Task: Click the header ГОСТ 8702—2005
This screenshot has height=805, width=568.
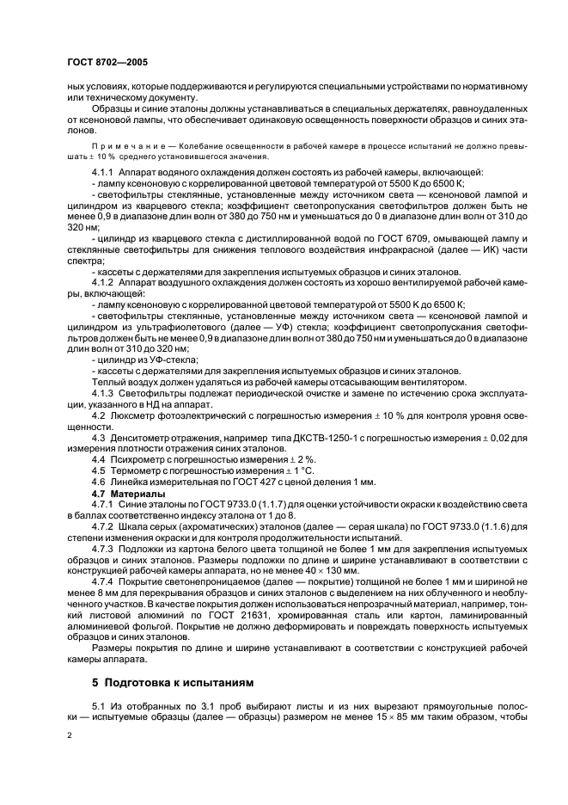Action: pyautogui.click(x=100, y=63)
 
